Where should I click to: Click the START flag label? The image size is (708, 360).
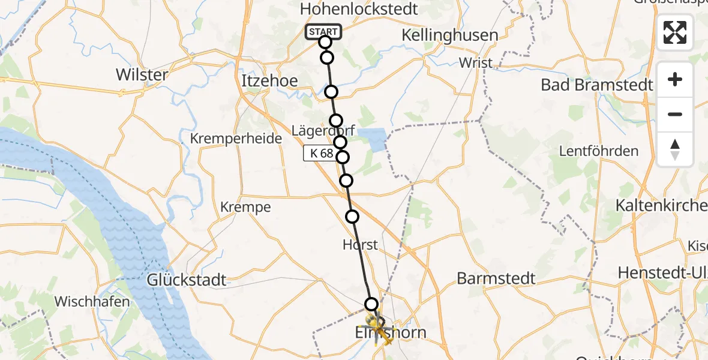(323, 32)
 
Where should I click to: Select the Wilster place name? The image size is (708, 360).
(142, 75)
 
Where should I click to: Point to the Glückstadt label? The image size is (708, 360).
(188, 280)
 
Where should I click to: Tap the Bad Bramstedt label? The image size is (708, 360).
(596, 85)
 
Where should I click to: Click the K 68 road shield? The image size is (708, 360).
(319, 154)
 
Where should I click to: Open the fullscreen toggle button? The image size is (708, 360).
(675, 32)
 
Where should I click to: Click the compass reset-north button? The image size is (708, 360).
(675, 149)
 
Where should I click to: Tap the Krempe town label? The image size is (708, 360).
(245, 208)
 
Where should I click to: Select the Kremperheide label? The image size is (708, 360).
(236, 139)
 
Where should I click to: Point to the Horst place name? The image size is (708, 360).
(360, 245)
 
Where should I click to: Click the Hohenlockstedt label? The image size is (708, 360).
(359, 9)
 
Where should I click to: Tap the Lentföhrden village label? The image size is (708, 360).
(599, 151)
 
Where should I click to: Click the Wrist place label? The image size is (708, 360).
(475, 62)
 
